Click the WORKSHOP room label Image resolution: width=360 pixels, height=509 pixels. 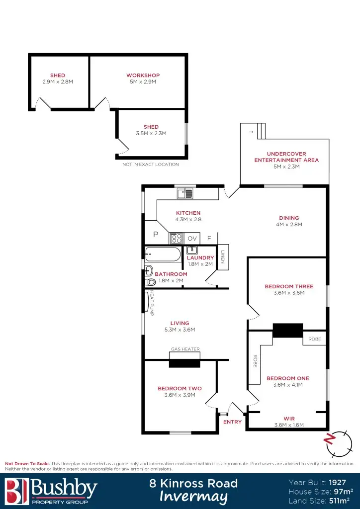coord(143,76)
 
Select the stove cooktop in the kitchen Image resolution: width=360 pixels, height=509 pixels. coord(176,239)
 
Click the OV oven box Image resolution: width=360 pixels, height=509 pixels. coord(192,239)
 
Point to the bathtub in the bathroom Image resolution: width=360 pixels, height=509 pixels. coord(163,255)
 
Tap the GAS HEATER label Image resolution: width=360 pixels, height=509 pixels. coord(185,349)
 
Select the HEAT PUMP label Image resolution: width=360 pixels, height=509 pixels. coord(152,303)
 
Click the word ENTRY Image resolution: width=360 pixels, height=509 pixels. coord(232,422)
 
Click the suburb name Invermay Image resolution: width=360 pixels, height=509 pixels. coord(193,497)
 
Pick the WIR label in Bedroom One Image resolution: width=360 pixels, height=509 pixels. coord(289,419)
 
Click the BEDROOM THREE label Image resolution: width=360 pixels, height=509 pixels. coord(289,286)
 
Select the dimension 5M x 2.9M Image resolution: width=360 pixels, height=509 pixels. coord(143,82)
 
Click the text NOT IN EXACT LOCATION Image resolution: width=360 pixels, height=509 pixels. coord(150,165)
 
